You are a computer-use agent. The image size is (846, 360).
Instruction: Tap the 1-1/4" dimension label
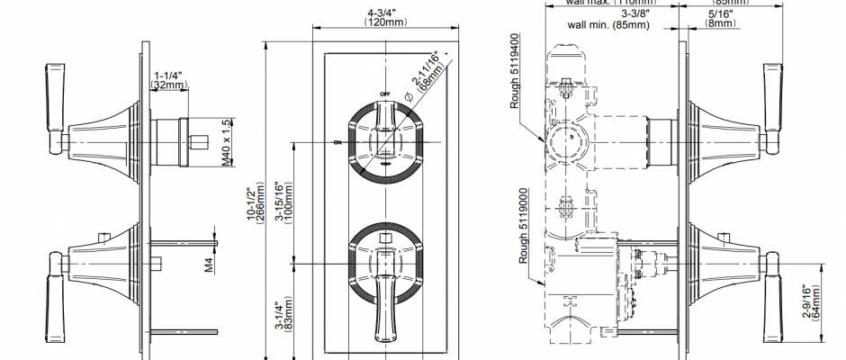[x=167, y=75]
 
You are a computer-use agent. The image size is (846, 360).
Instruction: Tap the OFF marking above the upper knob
[x=384, y=94]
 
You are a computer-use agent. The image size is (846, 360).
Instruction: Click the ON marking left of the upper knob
[x=337, y=143]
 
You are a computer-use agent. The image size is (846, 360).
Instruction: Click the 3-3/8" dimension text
[x=636, y=13]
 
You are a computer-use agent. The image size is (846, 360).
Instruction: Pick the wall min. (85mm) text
[x=609, y=25]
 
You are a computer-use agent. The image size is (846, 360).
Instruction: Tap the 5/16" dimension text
[x=720, y=13]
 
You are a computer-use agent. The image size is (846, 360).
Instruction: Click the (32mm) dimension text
[x=168, y=85]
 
